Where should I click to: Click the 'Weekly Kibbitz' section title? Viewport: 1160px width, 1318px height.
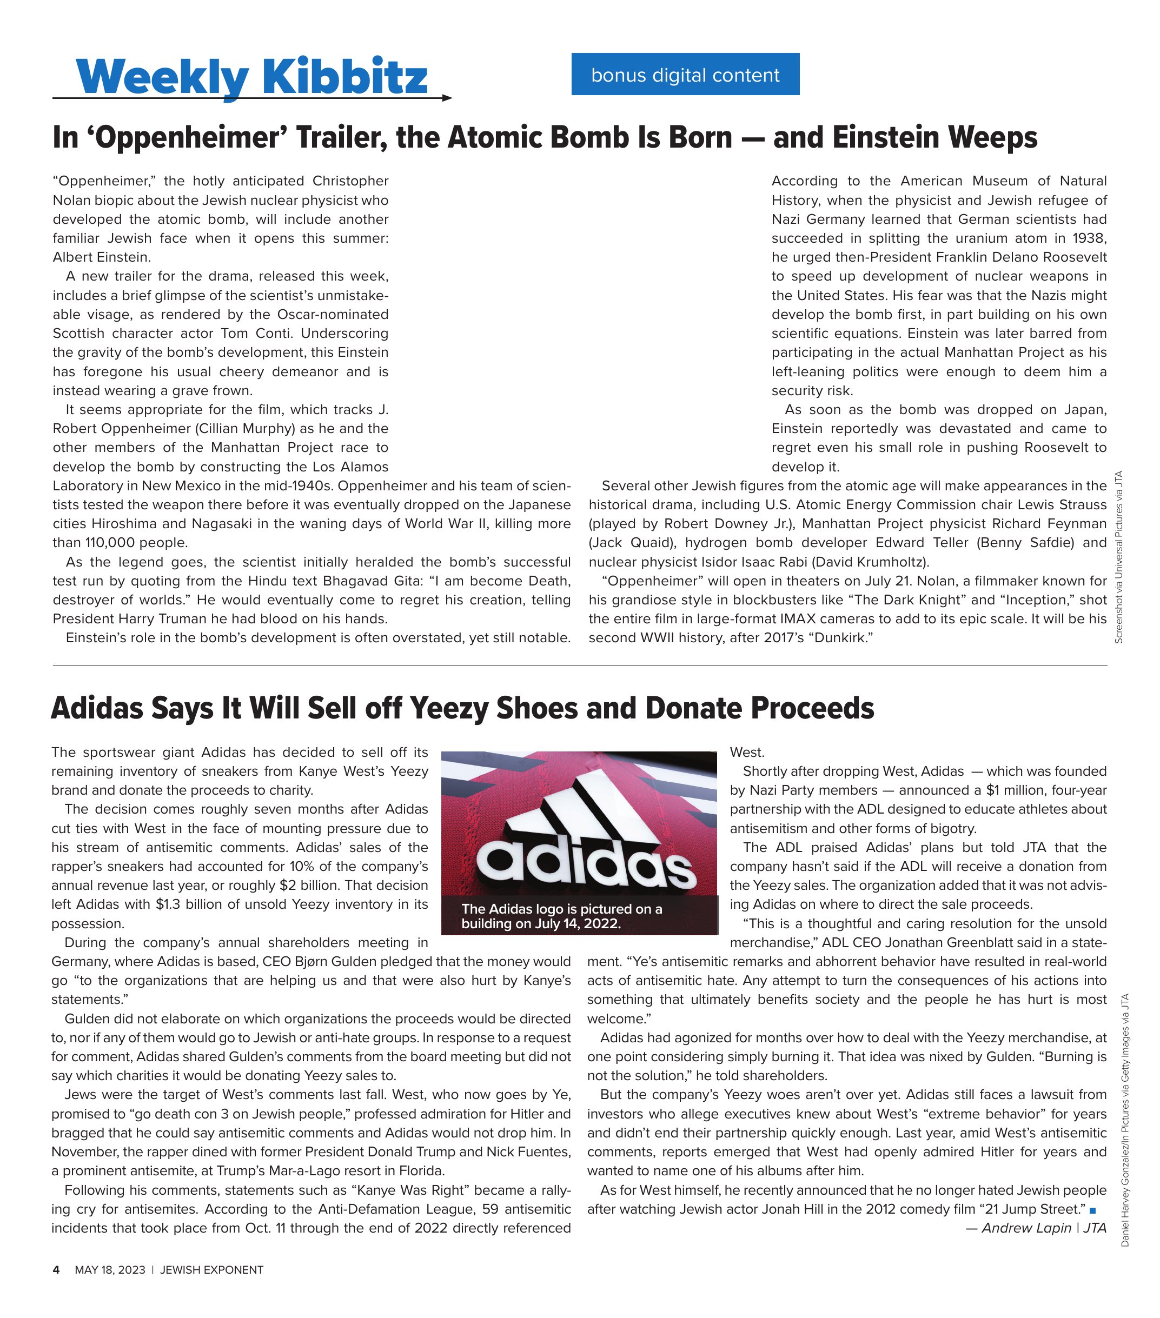point(251,76)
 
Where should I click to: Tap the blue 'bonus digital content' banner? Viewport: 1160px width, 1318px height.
point(685,75)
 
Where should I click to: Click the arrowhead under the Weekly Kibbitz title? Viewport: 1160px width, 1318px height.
point(447,98)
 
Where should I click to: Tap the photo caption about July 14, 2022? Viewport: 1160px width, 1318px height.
point(561,916)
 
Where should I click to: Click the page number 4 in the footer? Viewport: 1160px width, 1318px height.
point(56,1270)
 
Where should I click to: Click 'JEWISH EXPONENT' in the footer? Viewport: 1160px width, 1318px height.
point(211,1270)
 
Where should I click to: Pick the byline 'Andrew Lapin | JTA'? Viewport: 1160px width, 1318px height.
point(1036,1228)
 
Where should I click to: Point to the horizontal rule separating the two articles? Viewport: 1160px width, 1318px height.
point(579,665)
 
